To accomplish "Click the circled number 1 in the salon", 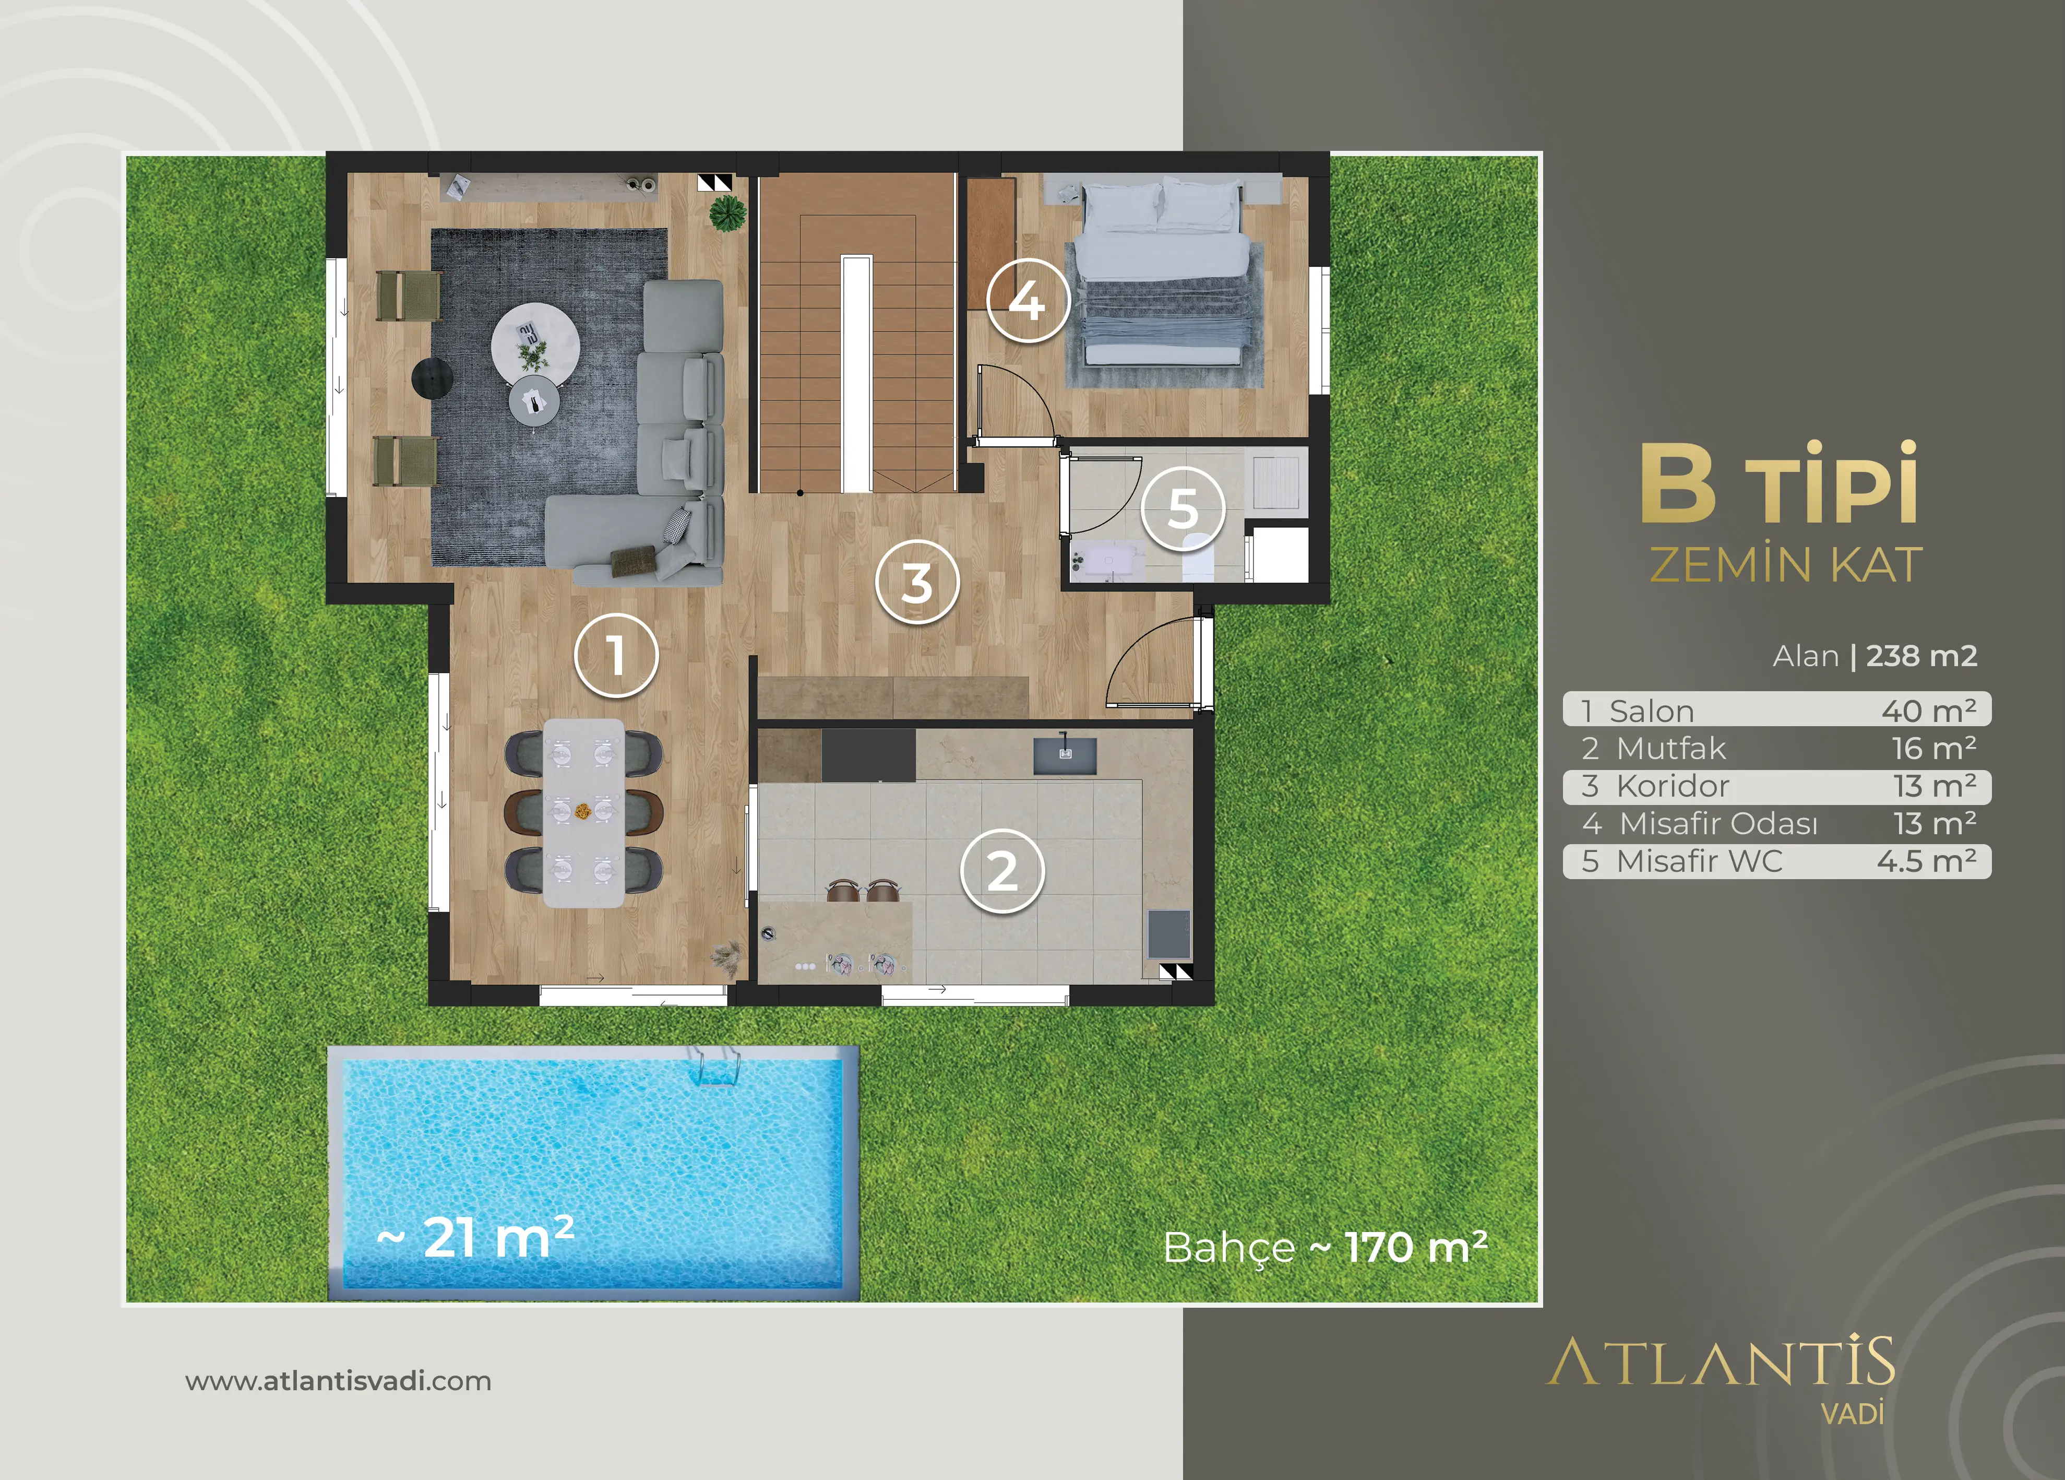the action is (616, 656).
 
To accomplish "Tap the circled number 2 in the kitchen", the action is (1002, 871).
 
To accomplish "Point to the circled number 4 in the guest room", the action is (1028, 301).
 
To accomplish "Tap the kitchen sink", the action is (1065, 755).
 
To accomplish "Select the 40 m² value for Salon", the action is (1928, 711).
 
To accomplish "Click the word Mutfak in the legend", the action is (1671, 749).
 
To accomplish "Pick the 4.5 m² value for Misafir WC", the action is (1927, 861).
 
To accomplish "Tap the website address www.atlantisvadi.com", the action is (338, 1382).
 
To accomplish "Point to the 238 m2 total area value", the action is (1921, 656).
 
